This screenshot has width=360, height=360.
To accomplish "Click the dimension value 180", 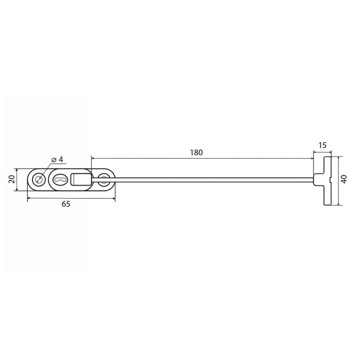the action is pyautogui.click(x=196, y=152).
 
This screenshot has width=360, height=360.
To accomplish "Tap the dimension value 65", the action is pyautogui.click(x=66, y=204).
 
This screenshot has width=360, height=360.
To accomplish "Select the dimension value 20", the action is pyautogui.click(x=11, y=179).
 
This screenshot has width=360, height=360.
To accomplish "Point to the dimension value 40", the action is pyautogui.click(x=344, y=179).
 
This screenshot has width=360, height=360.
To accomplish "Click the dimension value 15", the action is pyautogui.click(x=322, y=145).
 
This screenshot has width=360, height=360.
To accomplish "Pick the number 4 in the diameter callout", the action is pyautogui.click(x=61, y=159).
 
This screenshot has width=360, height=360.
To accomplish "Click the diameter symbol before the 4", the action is pyautogui.click(x=54, y=160).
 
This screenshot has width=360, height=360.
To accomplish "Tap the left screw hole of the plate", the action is pyautogui.click(x=39, y=179).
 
